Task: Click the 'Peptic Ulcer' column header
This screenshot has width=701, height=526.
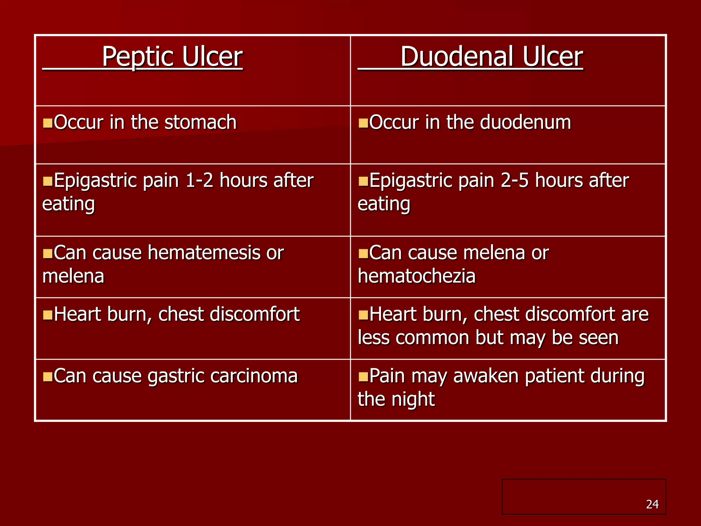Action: click(x=172, y=57)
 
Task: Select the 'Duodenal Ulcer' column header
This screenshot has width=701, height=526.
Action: click(x=492, y=57)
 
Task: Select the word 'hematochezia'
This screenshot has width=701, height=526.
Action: click(x=417, y=276)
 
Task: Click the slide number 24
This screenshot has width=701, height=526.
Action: click(x=652, y=504)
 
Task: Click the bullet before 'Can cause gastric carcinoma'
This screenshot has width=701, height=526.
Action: click(x=48, y=376)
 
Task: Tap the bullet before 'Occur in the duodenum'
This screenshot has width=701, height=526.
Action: click(x=363, y=123)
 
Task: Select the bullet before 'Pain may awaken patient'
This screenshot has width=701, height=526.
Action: click(x=363, y=376)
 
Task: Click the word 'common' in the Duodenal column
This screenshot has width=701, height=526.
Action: click(x=433, y=338)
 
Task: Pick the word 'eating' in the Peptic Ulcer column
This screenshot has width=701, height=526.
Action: click(x=68, y=204)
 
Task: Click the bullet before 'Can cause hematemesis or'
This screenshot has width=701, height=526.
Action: click(x=48, y=253)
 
